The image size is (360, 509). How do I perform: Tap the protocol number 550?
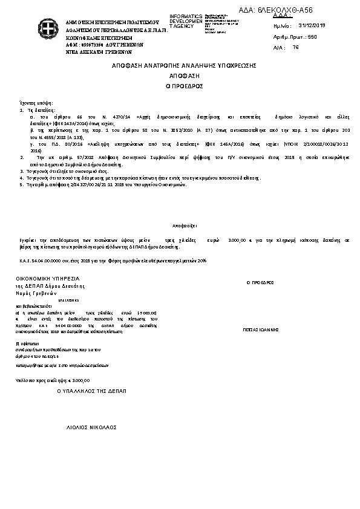click(x=312, y=37)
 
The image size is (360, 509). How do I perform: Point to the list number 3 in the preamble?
click(x=21, y=172)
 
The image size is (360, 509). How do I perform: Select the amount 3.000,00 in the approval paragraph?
click(x=236, y=240)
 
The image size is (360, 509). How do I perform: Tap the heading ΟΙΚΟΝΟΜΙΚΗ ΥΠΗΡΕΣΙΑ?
click(x=48, y=278)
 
